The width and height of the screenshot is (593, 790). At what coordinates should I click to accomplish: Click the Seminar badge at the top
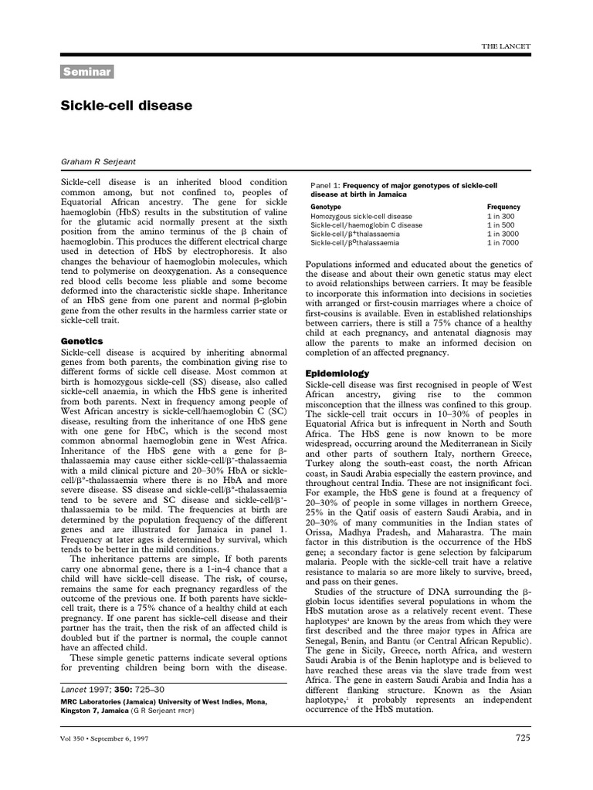pyautogui.click(x=87, y=73)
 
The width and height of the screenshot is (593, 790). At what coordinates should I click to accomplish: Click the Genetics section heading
pyautogui.click(x=81, y=340)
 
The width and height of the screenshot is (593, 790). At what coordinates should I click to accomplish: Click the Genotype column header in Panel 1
pyautogui.click(x=327, y=208)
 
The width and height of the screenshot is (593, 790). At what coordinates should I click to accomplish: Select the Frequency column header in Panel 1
pyautogui.click(x=503, y=208)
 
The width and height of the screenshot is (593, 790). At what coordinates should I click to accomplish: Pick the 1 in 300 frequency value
pyautogui.click(x=500, y=217)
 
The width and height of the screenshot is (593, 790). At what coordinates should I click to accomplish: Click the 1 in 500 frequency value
pyautogui.click(x=500, y=225)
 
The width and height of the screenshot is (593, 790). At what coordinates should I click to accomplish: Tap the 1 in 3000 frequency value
pyautogui.click(x=503, y=234)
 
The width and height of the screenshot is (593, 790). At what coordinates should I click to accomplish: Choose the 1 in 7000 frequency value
pyautogui.click(x=503, y=242)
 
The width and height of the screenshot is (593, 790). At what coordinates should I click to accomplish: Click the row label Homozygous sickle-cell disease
pyautogui.click(x=361, y=217)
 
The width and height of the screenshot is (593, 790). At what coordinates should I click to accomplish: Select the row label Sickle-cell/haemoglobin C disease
pyautogui.click(x=366, y=225)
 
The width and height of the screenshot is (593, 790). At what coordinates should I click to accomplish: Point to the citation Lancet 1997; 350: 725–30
pyautogui.click(x=112, y=688)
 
